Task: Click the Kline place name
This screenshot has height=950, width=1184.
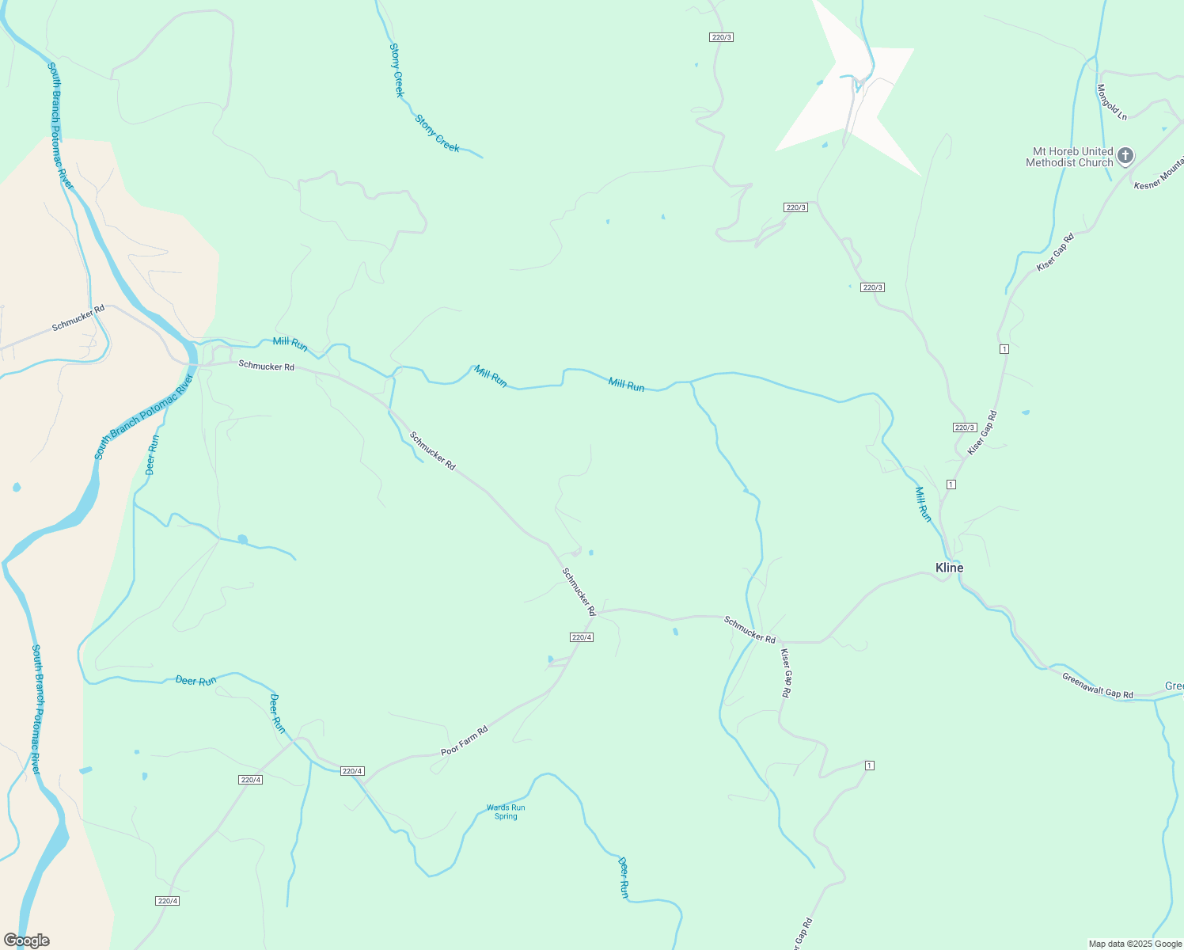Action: coord(949,568)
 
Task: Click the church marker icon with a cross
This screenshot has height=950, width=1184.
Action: coord(1125,156)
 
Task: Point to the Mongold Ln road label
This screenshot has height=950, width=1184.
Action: coord(1111,102)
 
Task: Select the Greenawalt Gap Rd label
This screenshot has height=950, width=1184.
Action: coord(1097,686)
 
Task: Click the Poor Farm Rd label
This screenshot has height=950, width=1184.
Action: coord(465,740)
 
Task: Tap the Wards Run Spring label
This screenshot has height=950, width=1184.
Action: coord(506,812)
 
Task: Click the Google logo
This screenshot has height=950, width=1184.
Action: coord(27,940)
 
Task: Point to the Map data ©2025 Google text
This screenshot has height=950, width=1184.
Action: coord(1135,944)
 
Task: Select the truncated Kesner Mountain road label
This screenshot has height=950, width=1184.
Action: coord(1159,174)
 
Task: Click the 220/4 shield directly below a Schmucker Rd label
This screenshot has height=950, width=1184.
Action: coord(581,637)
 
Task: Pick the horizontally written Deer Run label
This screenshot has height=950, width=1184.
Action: coord(195,681)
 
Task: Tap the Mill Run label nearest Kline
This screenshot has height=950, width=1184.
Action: coord(923,504)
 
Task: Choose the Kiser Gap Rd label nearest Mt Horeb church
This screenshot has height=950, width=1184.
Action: coord(1055,253)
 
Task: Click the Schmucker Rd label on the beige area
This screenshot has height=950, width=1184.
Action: coord(78,317)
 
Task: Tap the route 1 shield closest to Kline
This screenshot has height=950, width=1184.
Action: coord(951,484)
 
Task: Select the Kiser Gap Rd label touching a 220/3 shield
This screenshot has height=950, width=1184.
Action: coord(982,432)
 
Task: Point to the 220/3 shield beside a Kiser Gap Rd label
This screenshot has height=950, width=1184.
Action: coord(964,427)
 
